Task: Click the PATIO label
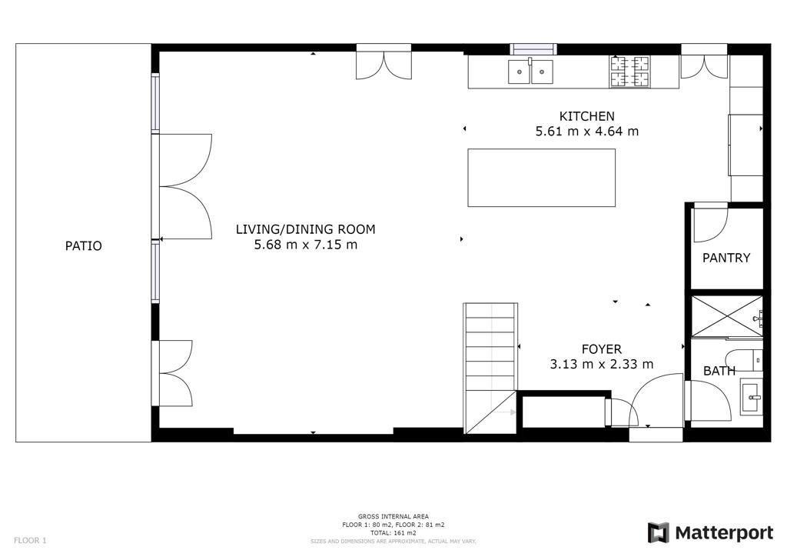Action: (83, 245)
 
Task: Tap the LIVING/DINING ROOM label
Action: (306, 229)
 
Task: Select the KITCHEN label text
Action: (586, 116)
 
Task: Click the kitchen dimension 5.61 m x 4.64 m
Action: (586, 131)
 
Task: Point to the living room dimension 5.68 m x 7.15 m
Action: (306, 245)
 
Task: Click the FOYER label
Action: (601, 349)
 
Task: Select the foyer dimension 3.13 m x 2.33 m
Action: (601, 364)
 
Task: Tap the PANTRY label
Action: (726, 258)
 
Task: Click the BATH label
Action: (719, 371)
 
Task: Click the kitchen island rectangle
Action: (542, 177)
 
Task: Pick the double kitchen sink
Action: (530, 72)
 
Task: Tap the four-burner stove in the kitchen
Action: (629, 72)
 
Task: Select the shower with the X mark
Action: (727, 315)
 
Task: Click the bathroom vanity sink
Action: (752, 397)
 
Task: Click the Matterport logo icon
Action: (658, 533)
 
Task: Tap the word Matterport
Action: (724, 533)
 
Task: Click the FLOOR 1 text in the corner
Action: (30, 540)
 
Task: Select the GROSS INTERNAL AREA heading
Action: (393, 516)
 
